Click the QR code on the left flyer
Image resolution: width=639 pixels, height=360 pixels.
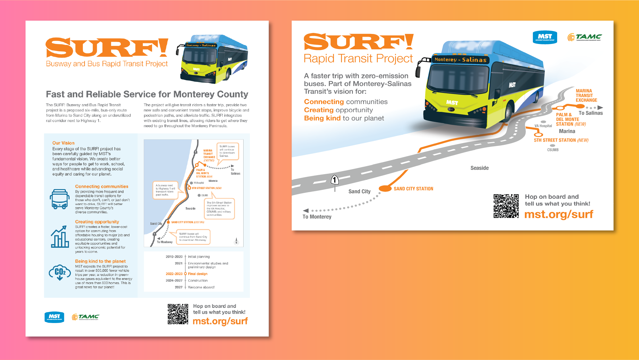pos(178,314)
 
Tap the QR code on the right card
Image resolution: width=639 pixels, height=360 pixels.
pos(506,206)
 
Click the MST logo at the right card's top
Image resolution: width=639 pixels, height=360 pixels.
pos(545,37)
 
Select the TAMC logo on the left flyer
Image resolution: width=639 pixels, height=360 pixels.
pos(86,317)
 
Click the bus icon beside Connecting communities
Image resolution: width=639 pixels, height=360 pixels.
pos(60,199)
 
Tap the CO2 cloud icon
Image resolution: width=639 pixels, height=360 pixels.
pos(60,272)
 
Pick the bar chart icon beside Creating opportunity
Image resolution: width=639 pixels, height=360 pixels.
pos(60,237)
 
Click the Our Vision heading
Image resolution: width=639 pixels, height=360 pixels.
pos(63,143)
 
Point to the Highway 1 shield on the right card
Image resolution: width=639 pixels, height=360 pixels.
pos(335,180)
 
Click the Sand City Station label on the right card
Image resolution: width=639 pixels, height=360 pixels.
pos(413,189)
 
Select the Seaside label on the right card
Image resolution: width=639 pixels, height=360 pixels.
pos(480,168)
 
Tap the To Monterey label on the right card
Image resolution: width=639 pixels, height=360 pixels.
pos(317,217)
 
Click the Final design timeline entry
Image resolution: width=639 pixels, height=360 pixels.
pos(198,274)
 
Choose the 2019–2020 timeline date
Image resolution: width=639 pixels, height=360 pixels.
pos(174,257)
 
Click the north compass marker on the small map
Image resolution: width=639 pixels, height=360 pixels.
pos(236,241)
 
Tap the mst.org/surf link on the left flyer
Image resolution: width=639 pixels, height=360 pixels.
pos(220,321)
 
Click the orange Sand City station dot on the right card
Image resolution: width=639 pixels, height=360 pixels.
pos(385,188)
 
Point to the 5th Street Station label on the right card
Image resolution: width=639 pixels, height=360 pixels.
pos(555,140)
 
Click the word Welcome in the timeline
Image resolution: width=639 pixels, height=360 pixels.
pos(195,287)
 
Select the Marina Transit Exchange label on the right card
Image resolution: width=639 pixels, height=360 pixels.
pos(586,96)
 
